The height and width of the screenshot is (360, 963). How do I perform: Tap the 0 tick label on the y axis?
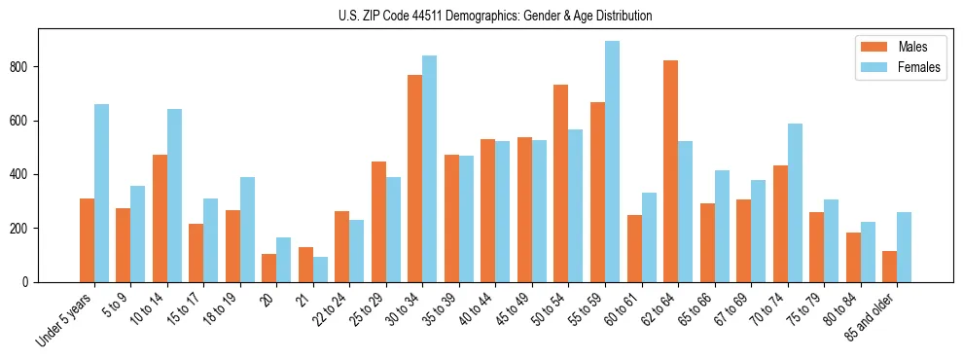click(x=29, y=282)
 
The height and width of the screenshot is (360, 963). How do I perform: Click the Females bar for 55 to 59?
click(x=612, y=162)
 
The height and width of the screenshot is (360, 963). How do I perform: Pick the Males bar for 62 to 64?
click(x=670, y=171)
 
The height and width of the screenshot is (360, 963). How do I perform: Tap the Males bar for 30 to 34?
click(x=414, y=178)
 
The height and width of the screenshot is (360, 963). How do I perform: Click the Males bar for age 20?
click(x=268, y=268)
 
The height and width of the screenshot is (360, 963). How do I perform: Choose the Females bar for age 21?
click(x=320, y=270)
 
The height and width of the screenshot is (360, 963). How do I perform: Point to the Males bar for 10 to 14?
click(x=160, y=218)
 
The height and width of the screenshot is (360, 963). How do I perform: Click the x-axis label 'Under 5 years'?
click(x=66, y=319)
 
